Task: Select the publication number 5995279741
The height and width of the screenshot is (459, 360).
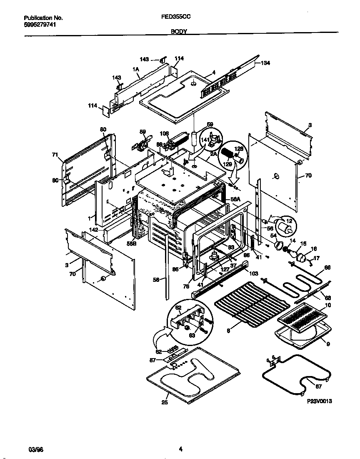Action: [x=40, y=24]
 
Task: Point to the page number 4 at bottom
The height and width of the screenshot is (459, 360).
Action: [x=180, y=449]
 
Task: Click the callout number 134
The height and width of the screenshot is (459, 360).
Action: [x=265, y=63]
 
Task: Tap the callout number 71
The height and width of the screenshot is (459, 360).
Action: [x=54, y=155]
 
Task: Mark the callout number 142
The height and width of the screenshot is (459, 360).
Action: [x=93, y=230]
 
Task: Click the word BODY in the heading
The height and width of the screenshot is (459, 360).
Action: [x=179, y=32]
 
